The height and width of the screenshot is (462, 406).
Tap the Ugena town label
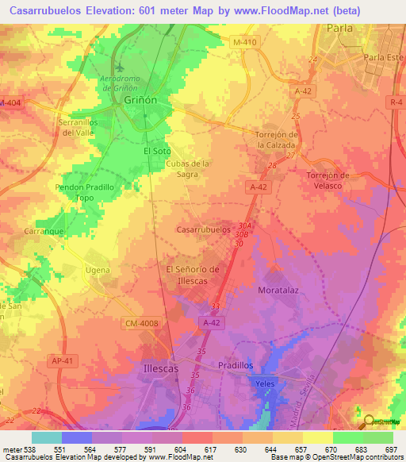(98, 271)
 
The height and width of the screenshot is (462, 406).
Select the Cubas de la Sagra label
(187, 168)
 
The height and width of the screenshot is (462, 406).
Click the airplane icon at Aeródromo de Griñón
(119, 66)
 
